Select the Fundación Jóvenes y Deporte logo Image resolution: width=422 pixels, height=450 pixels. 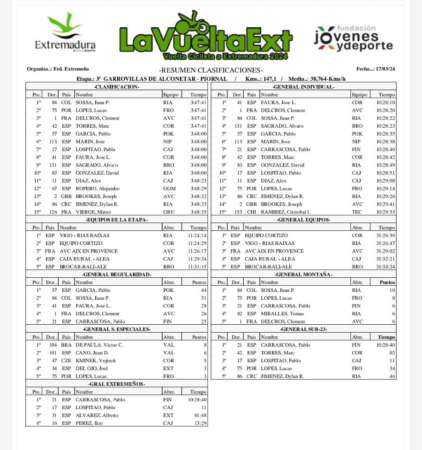[354, 38]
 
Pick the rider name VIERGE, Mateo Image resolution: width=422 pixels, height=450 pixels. [91, 212]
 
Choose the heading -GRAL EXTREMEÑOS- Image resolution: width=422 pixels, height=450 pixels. [117, 384]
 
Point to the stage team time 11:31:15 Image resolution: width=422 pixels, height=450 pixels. [197, 267]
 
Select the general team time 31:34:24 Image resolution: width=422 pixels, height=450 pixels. [385, 267]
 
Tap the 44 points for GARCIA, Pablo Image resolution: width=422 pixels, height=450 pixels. [203, 290]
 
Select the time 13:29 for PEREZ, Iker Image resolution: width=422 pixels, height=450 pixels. [201, 423]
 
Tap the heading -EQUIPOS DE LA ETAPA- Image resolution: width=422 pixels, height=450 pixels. [117, 220]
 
